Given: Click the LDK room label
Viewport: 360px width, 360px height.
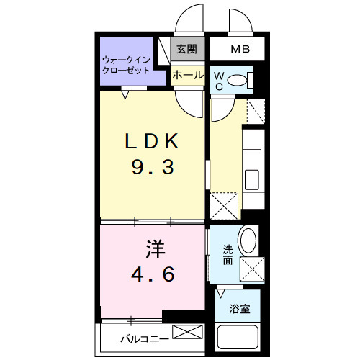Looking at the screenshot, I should click(x=152, y=142).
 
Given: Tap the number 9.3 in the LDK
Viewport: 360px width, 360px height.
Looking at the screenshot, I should click(x=152, y=168).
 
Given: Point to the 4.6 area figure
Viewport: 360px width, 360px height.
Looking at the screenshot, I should click(x=152, y=275).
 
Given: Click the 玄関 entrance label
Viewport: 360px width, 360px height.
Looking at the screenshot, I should click(x=186, y=50).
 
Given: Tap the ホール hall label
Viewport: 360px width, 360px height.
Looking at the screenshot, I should click(x=187, y=73).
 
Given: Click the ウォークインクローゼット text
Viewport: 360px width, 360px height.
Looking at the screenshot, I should click(x=126, y=66).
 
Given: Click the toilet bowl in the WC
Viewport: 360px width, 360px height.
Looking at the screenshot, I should click(x=237, y=81).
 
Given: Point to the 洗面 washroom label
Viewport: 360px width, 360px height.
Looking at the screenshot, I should click(x=227, y=254).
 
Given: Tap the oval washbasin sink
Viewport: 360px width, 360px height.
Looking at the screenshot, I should click(x=248, y=240).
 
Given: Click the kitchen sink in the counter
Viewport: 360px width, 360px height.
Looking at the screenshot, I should click(x=253, y=179).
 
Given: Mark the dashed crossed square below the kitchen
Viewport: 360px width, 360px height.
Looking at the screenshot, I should click(x=224, y=204).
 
